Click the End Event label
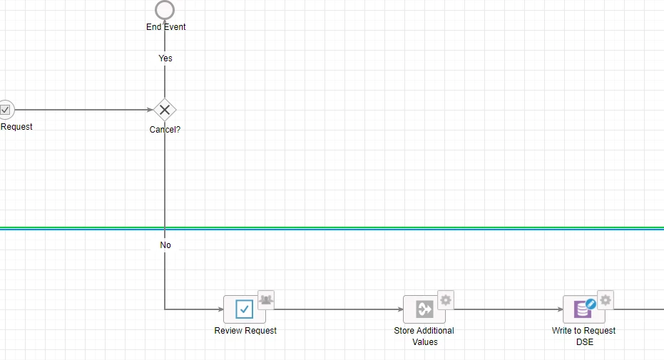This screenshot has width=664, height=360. [x=166, y=26]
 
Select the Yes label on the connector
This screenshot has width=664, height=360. [x=165, y=58]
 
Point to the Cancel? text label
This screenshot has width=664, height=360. [x=165, y=130]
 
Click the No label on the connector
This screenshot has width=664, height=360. [x=165, y=245]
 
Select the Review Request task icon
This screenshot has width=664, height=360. [x=245, y=309]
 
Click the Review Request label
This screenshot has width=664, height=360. [x=245, y=330]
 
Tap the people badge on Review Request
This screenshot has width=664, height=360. [x=266, y=300]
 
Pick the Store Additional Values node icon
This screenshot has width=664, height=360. [x=424, y=309]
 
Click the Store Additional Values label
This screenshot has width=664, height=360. [x=424, y=336]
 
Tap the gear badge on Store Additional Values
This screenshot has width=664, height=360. [x=446, y=300]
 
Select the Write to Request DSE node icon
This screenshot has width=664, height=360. [x=583, y=309]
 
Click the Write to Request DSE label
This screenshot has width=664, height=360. [x=583, y=336]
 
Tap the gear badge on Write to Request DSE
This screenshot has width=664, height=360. [x=606, y=300]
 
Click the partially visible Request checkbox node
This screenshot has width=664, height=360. [x=6, y=110]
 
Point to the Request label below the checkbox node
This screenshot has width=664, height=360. [x=16, y=126]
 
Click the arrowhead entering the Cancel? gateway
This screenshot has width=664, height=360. [x=150, y=110]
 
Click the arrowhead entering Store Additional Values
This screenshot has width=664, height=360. [x=400, y=309]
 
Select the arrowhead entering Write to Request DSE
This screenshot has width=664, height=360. [x=560, y=309]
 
